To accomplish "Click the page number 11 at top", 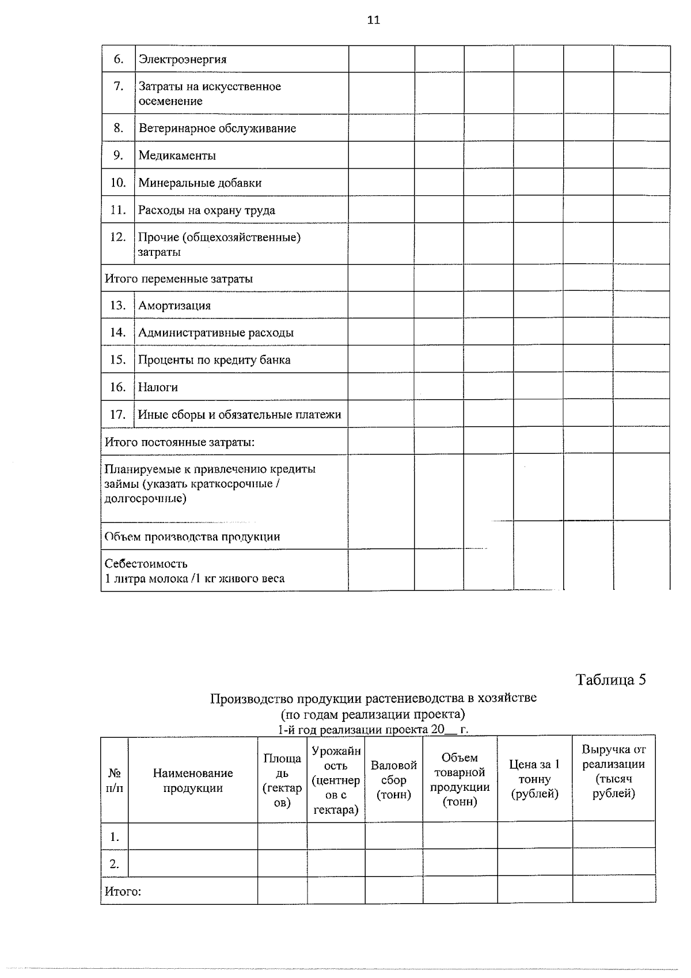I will click(x=373, y=20).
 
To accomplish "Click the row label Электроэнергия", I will click(x=183, y=59).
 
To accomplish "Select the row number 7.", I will click(x=119, y=86).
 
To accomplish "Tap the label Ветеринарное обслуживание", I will click(x=217, y=128).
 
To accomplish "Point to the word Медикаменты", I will click(x=177, y=156).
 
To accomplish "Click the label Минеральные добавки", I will click(x=200, y=183).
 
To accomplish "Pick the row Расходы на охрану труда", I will click(x=206, y=210).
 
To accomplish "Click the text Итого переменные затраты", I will click(x=179, y=279).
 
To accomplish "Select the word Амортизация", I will click(x=174, y=306).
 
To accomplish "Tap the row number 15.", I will click(x=117, y=360).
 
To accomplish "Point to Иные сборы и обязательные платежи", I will click(x=240, y=415).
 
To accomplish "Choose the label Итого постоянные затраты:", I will click(x=180, y=442).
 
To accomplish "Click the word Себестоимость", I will click(x=146, y=564).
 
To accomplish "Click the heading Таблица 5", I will click(x=610, y=680).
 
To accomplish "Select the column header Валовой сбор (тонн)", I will click(x=393, y=780).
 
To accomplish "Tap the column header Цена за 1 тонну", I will click(x=534, y=779).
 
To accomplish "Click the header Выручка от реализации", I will click(x=613, y=771).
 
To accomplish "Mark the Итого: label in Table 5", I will click(x=123, y=892).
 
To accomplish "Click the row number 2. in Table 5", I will click(x=115, y=864).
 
